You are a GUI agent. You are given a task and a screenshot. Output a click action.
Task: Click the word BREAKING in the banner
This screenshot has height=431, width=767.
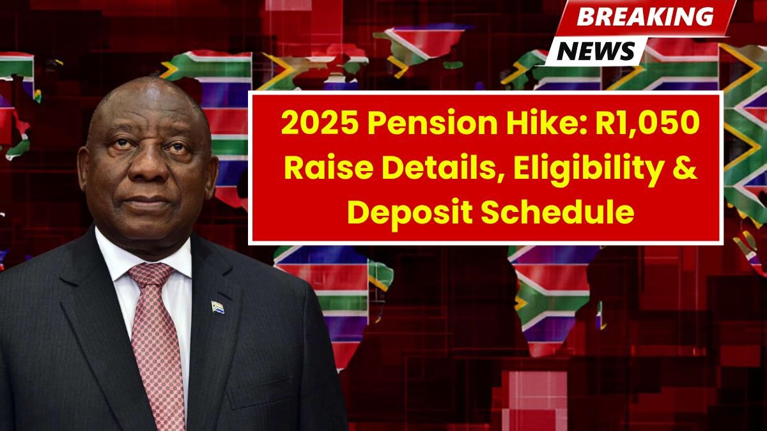tap(645, 17)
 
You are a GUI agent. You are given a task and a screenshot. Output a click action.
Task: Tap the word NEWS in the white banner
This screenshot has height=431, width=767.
tap(596, 51)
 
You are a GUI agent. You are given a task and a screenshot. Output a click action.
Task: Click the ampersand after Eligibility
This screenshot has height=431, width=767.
tap(683, 169)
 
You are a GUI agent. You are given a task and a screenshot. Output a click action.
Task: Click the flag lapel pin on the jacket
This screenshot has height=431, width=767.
tap(217, 307)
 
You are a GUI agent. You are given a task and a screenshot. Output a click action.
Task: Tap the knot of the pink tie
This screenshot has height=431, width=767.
tap(151, 275)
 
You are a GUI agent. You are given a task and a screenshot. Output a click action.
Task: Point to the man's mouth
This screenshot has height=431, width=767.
tap(146, 201)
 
